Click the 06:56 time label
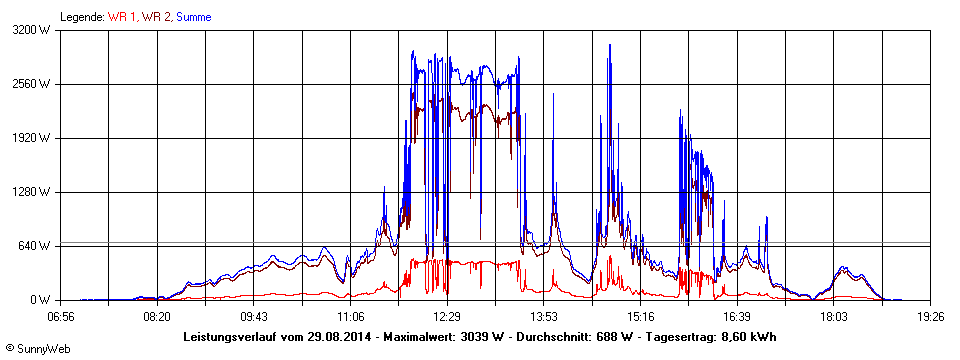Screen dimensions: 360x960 click(61, 316)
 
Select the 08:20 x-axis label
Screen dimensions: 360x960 click(157, 316)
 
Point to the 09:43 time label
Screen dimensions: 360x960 click(254, 316)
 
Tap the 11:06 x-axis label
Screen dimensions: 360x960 click(350, 316)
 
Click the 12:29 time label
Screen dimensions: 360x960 click(447, 316)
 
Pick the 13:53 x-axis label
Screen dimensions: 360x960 click(543, 316)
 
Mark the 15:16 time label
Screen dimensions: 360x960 click(640, 316)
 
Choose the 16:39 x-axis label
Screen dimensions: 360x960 click(737, 316)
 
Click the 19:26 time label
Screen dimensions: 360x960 click(929, 316)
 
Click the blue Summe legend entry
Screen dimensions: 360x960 click(193, 17)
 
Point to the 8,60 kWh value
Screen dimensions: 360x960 click(751, 336)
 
